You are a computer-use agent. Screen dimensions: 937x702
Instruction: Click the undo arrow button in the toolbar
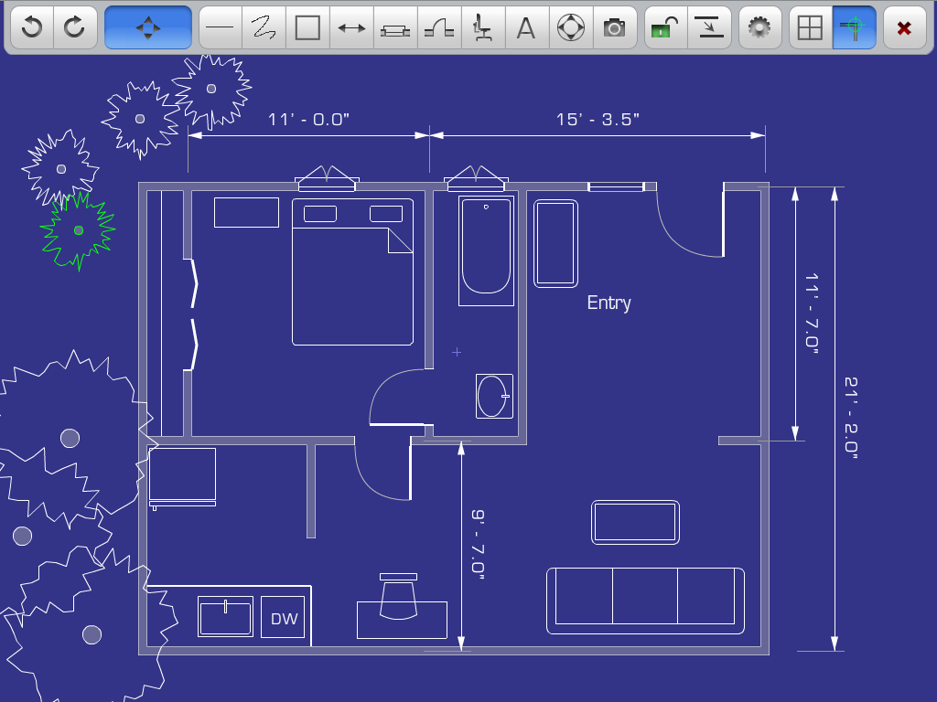[32, 27]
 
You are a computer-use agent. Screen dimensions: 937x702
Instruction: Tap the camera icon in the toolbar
[614, 27]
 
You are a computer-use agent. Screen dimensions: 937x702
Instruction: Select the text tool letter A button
[526, 27]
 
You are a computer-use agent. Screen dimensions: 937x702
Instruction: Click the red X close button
[904, 27]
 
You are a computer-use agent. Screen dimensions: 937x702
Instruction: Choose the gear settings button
[759, 27]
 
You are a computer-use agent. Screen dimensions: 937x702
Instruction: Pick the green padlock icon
[665, 27]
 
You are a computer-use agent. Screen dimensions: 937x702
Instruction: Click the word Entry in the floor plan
[609, 303]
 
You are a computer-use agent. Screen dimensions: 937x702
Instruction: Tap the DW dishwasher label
[284, 619]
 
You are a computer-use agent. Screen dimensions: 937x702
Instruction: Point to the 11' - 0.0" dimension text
[308, 120]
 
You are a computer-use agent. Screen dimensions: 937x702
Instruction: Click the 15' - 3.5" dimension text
[598, 120]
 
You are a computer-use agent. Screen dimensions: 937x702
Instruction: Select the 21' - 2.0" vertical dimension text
[851, 417]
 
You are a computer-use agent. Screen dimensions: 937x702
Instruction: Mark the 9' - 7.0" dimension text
[478, 545]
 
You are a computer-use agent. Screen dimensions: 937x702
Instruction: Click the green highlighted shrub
[78, 230]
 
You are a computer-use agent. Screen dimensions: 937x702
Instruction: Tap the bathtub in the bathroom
[487, 250]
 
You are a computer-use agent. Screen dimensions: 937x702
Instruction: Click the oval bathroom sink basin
[492, 396]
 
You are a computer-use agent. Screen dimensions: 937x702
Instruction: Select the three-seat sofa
[645, 601]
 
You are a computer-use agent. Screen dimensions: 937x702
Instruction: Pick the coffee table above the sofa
[635, 522]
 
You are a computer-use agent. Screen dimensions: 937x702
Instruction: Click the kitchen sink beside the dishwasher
[225, 617]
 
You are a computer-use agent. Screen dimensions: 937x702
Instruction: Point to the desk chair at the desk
[398, 597]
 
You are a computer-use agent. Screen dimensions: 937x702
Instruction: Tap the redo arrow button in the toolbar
[75, 27]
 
